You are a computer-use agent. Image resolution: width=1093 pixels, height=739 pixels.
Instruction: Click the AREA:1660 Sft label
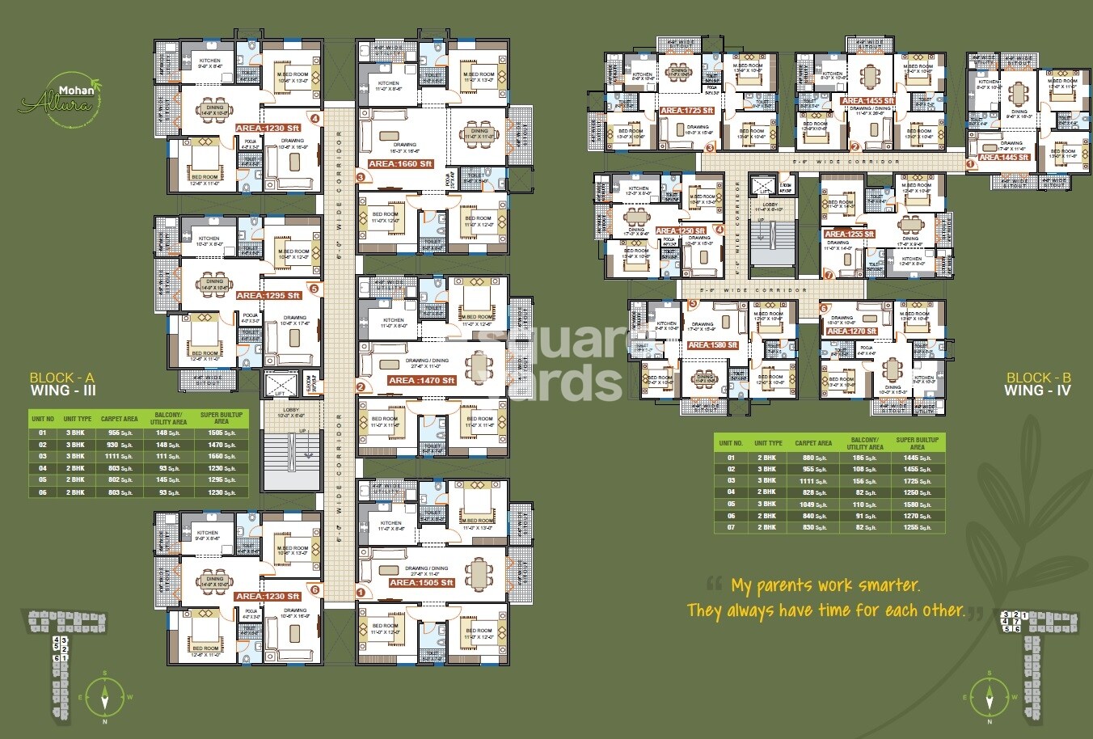(x=401, y=163)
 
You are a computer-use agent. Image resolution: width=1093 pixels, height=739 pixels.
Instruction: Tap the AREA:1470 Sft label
(x=421, y=380)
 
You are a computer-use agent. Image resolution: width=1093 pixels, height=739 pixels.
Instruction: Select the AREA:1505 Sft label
(x=421, y=582)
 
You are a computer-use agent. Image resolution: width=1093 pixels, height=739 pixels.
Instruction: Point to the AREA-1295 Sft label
(x=268, y=296)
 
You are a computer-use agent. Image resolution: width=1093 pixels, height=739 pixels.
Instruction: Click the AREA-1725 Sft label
(x=687, y=110)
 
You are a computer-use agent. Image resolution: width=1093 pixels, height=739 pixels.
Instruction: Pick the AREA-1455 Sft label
(x=867, y=101)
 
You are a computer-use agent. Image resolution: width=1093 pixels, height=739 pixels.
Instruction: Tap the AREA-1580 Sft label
(x=712, y=345)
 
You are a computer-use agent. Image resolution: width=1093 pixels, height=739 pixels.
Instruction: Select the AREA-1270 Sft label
(x=852, y=331)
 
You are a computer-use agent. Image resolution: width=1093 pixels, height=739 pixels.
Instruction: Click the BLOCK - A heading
(x=62, y=378)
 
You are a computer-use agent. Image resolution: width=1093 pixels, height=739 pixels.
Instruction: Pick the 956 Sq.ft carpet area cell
(x=119, y=433)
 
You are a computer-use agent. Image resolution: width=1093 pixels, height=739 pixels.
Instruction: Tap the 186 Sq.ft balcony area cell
(x=864, y=458)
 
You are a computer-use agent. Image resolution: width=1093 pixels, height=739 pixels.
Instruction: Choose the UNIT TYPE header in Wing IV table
(x=768, y=443)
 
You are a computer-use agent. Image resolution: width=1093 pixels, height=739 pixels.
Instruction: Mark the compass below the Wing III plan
(x=104, y=694)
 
